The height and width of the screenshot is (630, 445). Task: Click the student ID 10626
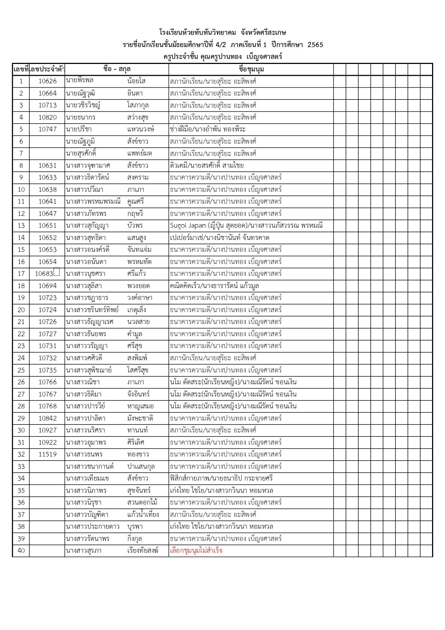pyautogui.click(x=47, y=81)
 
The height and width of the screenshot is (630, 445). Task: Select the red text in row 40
pyautogui.click(x=196, y=551)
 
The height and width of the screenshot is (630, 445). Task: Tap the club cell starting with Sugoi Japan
pyautogui.click(x=246, y=226)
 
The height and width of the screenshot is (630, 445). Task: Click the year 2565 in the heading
pyautogui.click(x=315, y=45)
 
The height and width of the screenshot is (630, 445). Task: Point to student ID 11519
pyautogui.click(x=47, y=454)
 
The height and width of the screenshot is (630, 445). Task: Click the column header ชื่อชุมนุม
pyautogui.click(x=251, y=69)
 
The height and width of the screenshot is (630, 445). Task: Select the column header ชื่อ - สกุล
pyautogui.click(x=117, y=69)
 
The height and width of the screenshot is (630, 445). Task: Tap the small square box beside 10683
pyautogui.click(x=57, y=273)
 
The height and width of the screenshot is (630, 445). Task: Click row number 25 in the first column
pyautogui.click(x=21, y=370)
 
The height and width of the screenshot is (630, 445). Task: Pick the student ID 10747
pyautogui.click(x=47, y=129)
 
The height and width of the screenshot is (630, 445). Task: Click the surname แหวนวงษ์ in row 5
pyautogui.click(x=140, y=129)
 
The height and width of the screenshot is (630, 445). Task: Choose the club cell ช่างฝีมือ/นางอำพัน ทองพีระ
pyautogui.click(x=208, y=129)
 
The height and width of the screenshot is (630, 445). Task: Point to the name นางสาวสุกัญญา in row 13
pyautogui.click(x=87, y=226)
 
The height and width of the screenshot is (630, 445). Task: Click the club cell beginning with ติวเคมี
pyautogui.click(x=207, y=166)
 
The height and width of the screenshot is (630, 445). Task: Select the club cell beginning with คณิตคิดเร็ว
pyautogui.click(x=214, y=286)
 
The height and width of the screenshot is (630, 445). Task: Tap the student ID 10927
pyautogui.click(x=47, y=430)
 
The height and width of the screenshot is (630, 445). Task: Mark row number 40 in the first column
pyautogui.click(x=21, y=551)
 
